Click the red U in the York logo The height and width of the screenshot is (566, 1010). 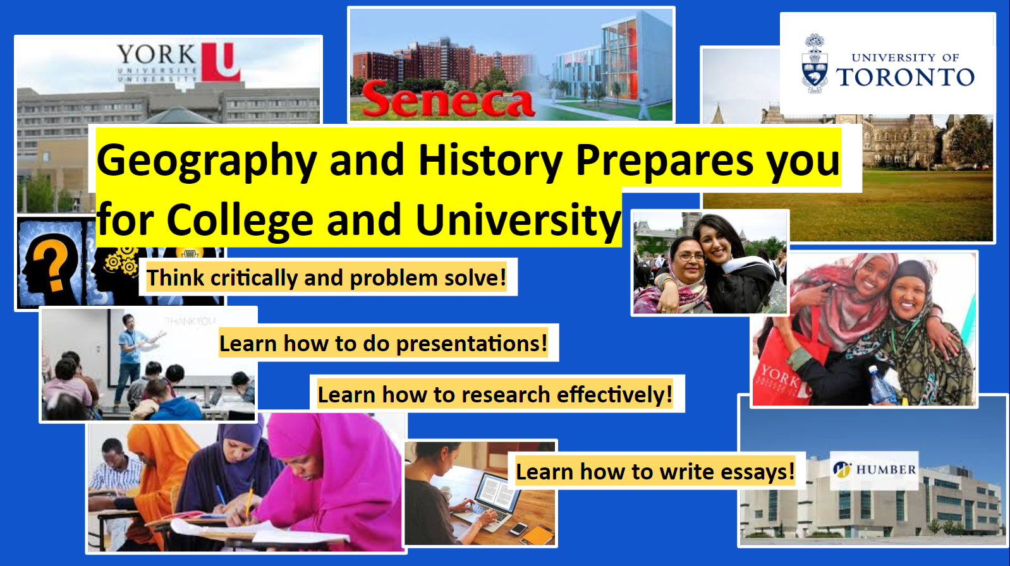point(221,62)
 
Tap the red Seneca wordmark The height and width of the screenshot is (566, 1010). point(447,100)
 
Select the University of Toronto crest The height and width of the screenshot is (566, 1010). point(814,64)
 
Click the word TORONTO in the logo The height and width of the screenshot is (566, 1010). point(905,77)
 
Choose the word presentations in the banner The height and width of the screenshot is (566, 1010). point(471,344)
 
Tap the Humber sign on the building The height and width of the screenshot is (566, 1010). point(874,470)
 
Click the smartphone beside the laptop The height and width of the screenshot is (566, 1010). point(518,529)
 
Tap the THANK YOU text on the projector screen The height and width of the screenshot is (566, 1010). point(190,322)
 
